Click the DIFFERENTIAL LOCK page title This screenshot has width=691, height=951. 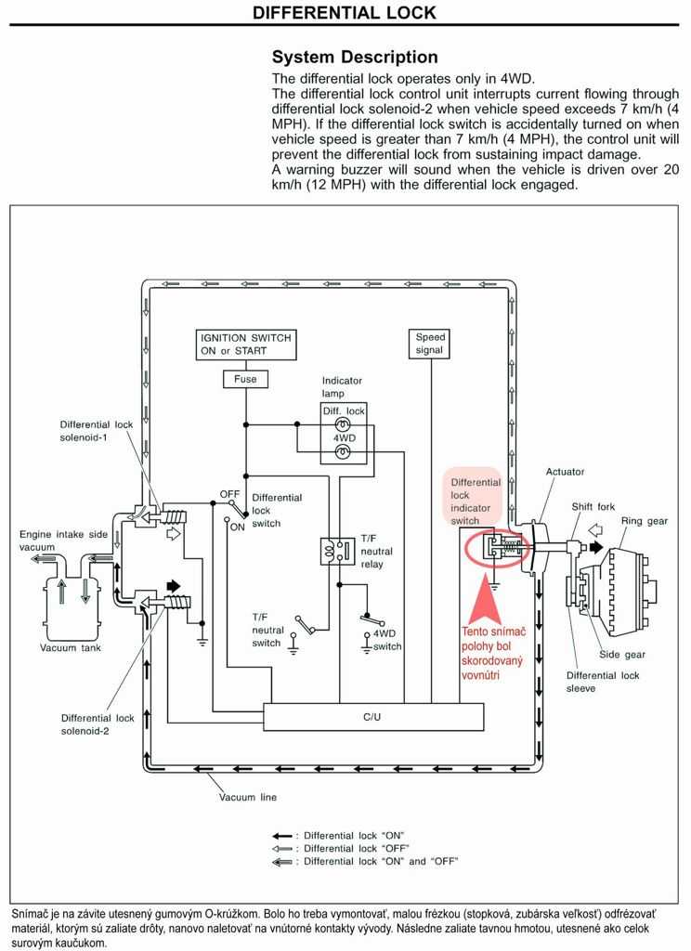click(x=344, y=13)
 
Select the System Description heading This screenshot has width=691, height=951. click(x=355, y=57)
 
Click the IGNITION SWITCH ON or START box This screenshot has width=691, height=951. click(x=246, y=345)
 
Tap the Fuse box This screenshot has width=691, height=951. click(x=246, y=379)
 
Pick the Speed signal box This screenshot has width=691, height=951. click(x=429, y=344)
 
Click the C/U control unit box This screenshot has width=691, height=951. click(x=373, y=717)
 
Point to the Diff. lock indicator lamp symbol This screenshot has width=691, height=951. click(x=343, y=425)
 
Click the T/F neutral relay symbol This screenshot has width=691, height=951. click(x=337, y=552)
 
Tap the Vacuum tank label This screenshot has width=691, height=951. click(x=71, y=647)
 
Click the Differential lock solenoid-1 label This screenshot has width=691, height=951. click(x=96, y=431)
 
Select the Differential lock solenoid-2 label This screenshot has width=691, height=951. click(x=98, y=724)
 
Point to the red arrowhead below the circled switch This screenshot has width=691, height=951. click(x=490, y=595)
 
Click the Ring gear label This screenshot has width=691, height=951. click(x=645, y=521)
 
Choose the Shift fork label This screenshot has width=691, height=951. click(x=593, y=506)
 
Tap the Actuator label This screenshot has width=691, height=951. click(x=565, y=471)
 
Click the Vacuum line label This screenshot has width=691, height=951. click(x=248, y=797)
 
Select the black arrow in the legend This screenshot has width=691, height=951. click(x=282, y=836)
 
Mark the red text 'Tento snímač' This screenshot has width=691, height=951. click(x=494, y=632)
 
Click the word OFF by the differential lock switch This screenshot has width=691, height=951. click(x=229, y=494)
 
